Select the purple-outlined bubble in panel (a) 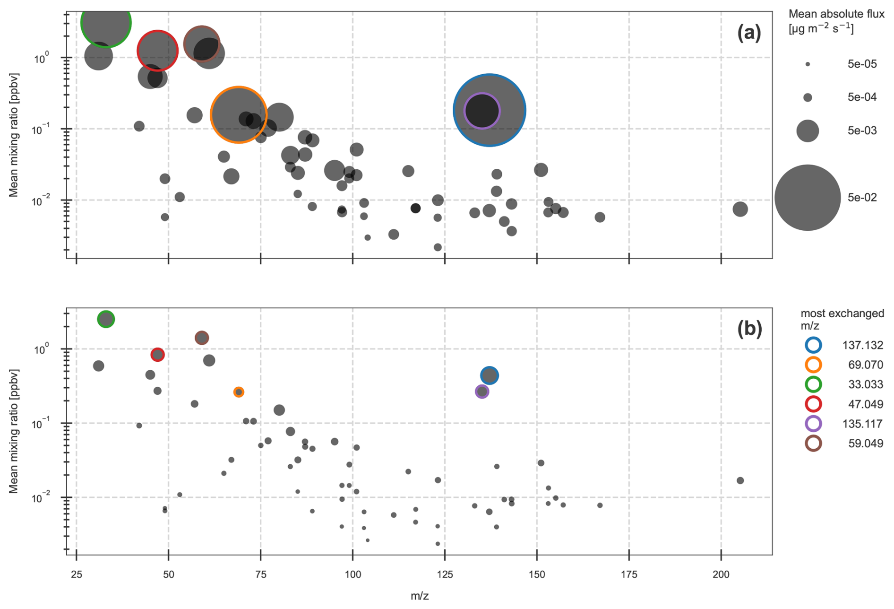(x=481, y=111)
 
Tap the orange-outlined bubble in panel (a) (x=239, y=114)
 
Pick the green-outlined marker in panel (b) (x=106, y=319)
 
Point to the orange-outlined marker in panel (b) (x=239, y=392)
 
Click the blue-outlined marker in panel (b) (x=490, y=375)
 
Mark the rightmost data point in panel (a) (x=740, y=209)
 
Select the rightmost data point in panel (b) (x=740, y=480)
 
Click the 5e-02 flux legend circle (x=808, y=198)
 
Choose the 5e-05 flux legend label (x=862, y=64)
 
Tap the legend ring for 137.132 (x=813, y=345)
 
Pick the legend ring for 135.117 (x=813, y=424)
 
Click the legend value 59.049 (x=865, y=444)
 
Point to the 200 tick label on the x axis (x=721, y=574)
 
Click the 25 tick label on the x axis (x=77, y=574)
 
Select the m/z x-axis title (x=420, y=596)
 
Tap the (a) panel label (x=749, y=33)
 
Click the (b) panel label (x=749, y=329)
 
